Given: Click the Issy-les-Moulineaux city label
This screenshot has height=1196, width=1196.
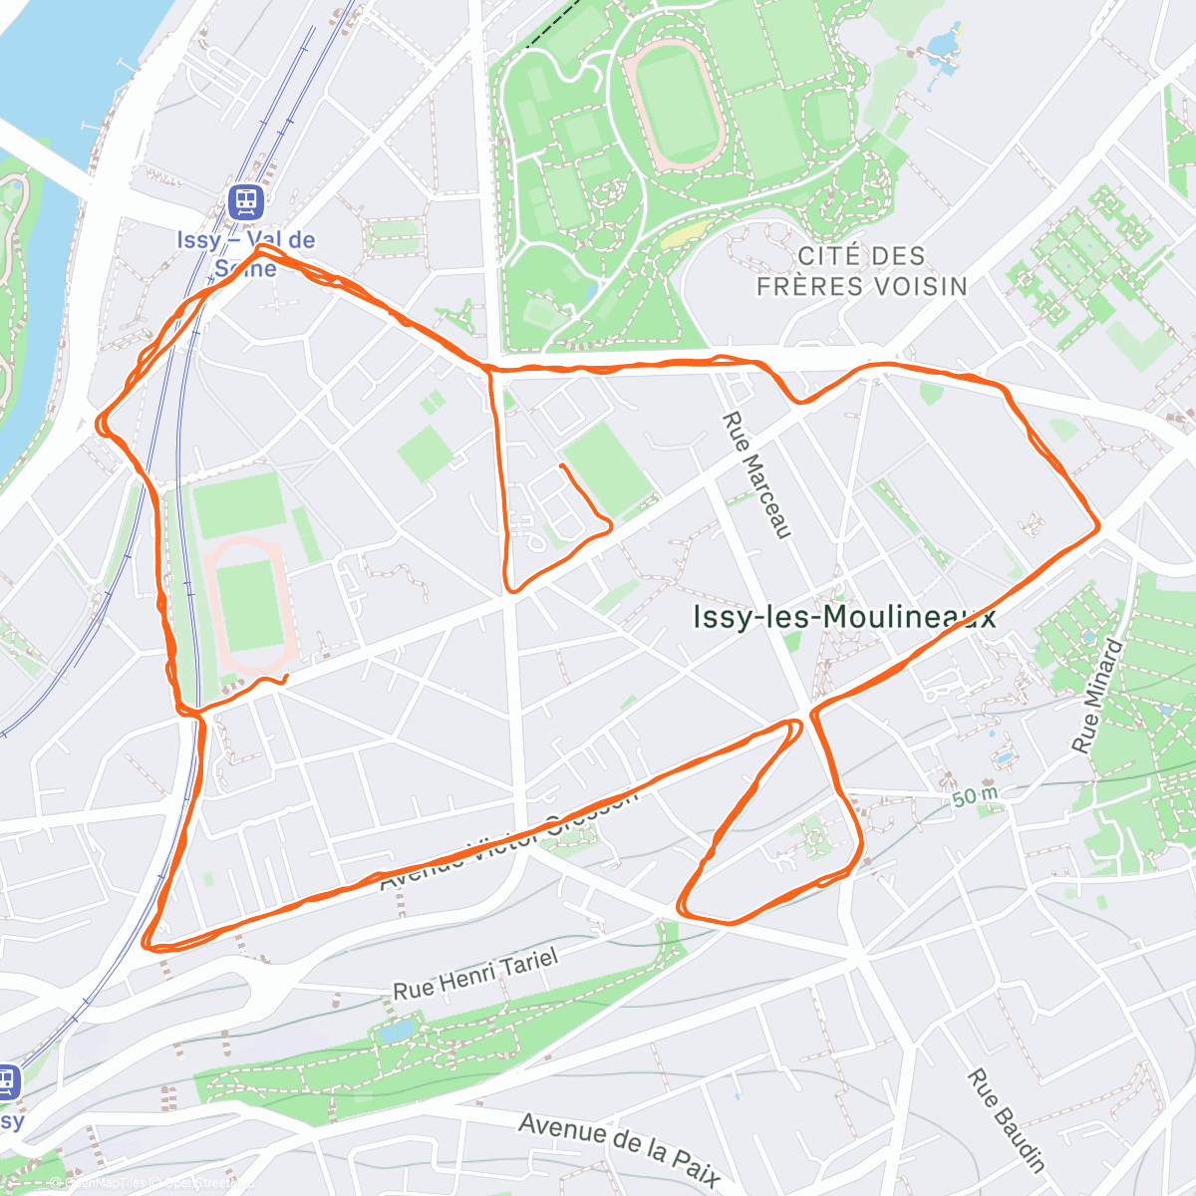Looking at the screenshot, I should click(844, 617).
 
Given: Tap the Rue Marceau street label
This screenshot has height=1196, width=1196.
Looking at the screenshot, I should click(756, 475).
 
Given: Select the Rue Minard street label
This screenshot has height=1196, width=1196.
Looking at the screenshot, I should click(1097, 695).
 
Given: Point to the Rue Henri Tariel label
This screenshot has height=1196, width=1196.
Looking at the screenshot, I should click(475, 975).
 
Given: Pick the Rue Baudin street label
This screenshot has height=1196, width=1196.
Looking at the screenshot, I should click(1007, 1120).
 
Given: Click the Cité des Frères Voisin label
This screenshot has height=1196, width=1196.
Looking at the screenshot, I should click(862, 271).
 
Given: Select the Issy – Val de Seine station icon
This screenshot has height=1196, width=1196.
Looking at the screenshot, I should click(244, 202).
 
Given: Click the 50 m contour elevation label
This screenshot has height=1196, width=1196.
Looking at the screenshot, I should click(974, 796).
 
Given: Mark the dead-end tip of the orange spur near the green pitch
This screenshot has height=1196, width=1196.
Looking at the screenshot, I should click(562, 465).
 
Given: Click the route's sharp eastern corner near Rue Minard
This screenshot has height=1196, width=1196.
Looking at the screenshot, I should click(1098, 524).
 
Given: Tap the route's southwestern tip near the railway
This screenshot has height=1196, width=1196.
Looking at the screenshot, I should click(148, 945).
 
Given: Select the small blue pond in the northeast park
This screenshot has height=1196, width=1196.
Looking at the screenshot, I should click(939, 45).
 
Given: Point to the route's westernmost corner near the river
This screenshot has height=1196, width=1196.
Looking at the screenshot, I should click(98, 424).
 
